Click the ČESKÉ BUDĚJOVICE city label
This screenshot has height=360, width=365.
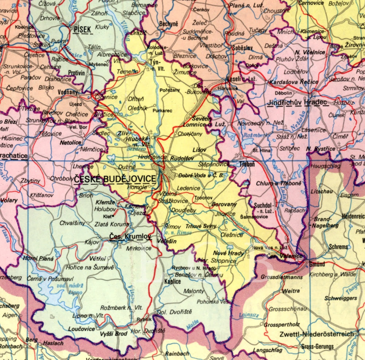[x=115, y=179]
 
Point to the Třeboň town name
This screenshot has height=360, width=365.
[x=247, y=164]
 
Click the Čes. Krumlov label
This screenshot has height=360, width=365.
[x=130, y=237]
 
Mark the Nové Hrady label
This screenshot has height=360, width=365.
[x=228, y=253]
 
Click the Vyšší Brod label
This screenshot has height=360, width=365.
[x=114, y=334]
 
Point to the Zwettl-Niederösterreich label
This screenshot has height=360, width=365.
[x=316, y=334]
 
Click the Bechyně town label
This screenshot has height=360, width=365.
[x=169, y=24]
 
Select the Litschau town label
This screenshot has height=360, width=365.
[x=320, y=191]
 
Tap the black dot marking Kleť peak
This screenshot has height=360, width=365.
[x=114, y=216]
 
